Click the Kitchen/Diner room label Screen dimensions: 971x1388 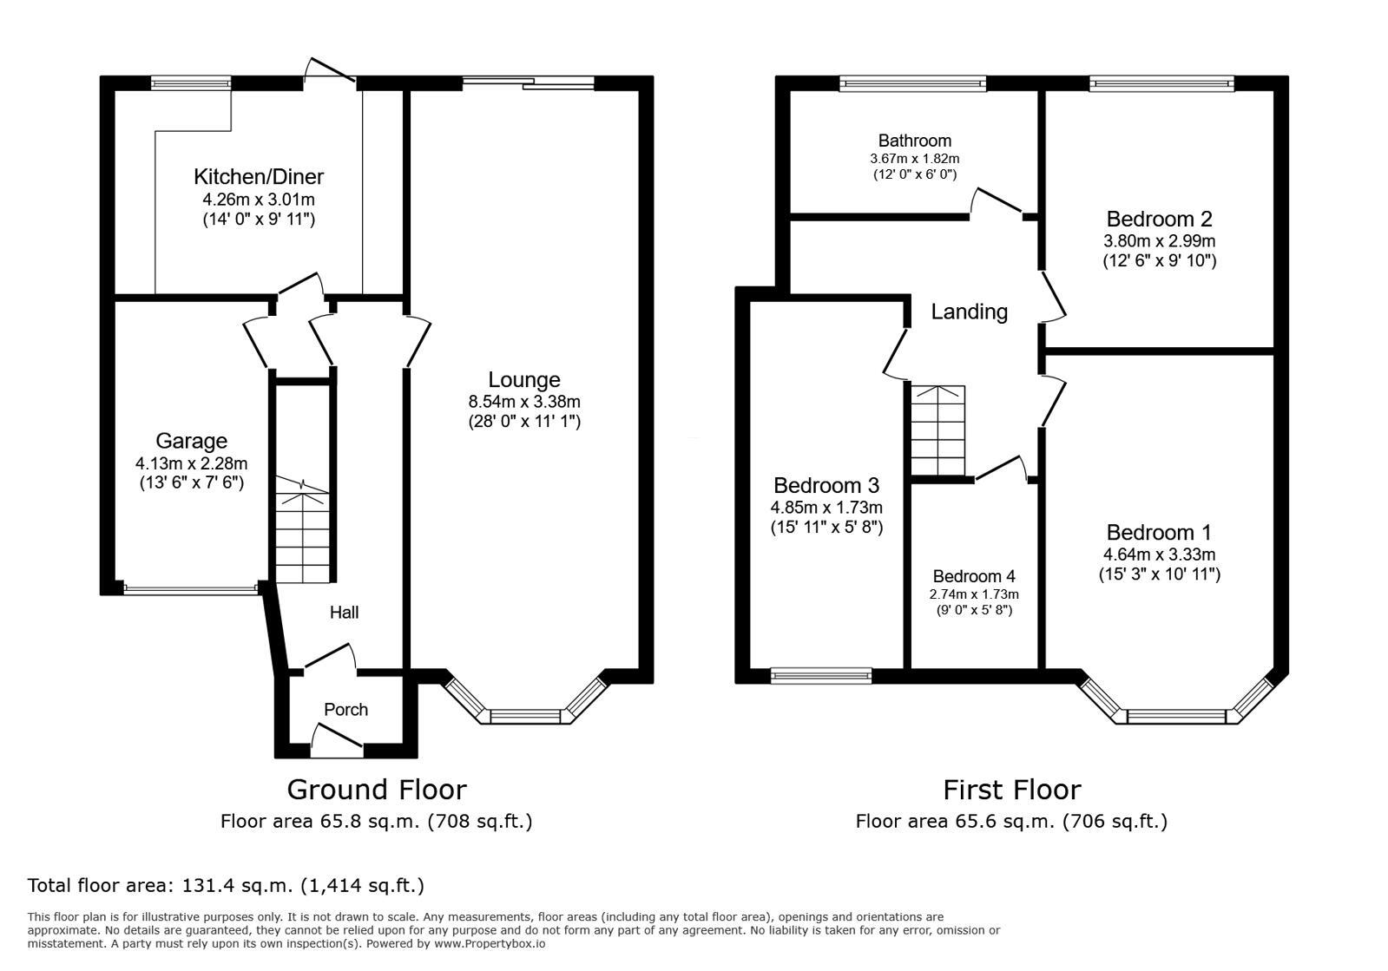pyautogui.click(x=258, y=177)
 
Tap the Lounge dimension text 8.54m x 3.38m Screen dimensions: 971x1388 pyautogui.click(x=524, y=402)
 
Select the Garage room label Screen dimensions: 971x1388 pyautogui.click(x=191, y=441)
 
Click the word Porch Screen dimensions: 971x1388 pyautogui.click(x=345, y=710)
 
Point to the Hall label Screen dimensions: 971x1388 pyautogui.click(x=344, y=613)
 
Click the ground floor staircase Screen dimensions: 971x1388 pyautogui.click(x=303, y=529)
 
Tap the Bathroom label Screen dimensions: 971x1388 pyautogui.click(x=914, y=141)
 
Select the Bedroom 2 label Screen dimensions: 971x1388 pyautogui.click(x=1159, y=219)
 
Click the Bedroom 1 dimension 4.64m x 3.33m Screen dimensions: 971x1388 pyautogui.click(x=1159, y=554)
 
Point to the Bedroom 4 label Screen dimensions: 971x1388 pyautogui.click(x=973, y=576)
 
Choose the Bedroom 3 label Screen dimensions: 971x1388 pyautogui.click(x=826, y=485)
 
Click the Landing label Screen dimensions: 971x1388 pyautogui.click(x=969, y=312)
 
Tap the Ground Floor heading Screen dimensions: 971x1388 pyautogui.click(x=376, y=790)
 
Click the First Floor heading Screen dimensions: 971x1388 pyautogui.click(x=1011, y=790)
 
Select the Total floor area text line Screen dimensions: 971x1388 pyautogui.click(x=226, y=886)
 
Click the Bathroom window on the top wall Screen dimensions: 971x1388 pyautogui.click(x=913, y=83)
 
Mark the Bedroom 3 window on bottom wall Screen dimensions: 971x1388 pyautogui.click(x=821, y=675)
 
